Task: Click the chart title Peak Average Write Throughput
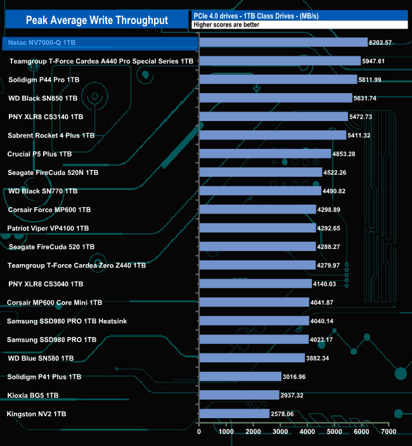click(97, 20)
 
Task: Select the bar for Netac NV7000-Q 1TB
click(283, 42)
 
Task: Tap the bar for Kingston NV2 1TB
click(234, 414)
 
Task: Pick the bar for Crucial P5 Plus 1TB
click(265, 154)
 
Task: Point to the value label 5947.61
click(385, 61)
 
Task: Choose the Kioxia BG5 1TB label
click(33, 395)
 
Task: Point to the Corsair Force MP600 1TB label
click(49, 209)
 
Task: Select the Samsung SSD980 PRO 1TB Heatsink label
click(67, 321)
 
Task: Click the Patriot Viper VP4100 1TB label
click(48, 228)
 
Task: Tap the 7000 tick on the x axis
click(389, 432)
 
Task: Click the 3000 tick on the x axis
click(280, 432)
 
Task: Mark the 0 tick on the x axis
click(200, 432)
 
